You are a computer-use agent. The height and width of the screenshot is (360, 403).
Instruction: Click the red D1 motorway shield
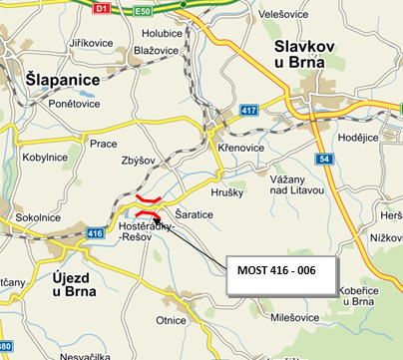coord(100,7)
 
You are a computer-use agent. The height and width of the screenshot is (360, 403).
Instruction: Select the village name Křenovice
coord(238,147)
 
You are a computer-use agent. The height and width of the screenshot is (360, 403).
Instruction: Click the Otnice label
coord(171,320)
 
